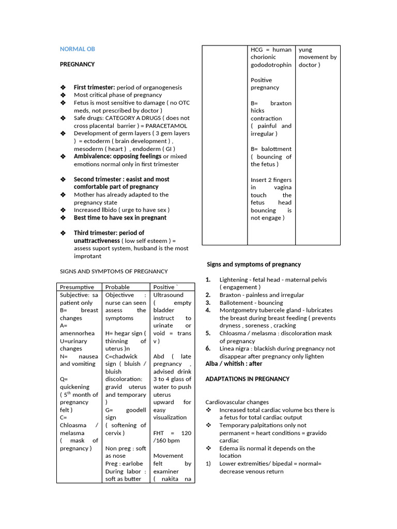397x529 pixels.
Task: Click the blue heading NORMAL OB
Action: [78, 49]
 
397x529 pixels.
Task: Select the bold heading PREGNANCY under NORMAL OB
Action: [78, 65]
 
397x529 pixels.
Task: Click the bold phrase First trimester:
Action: [94, 88]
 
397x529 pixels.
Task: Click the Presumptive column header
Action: [77, 287]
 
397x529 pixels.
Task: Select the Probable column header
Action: [117, 287]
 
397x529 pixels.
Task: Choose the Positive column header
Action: [165, 287]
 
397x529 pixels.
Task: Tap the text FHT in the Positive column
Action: [160, 433]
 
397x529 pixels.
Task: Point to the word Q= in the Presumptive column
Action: [64, 379]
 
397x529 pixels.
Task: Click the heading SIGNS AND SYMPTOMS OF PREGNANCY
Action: [114, 271]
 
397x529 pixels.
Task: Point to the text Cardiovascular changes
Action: [237, 402]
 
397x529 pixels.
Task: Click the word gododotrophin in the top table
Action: [271, 65]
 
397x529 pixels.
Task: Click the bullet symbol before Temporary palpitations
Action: [209, 425]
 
